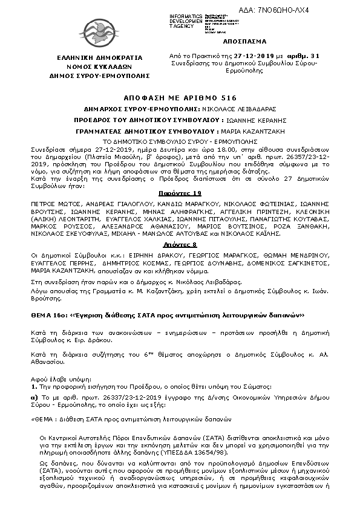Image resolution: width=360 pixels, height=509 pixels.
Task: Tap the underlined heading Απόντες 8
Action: [180, 244]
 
